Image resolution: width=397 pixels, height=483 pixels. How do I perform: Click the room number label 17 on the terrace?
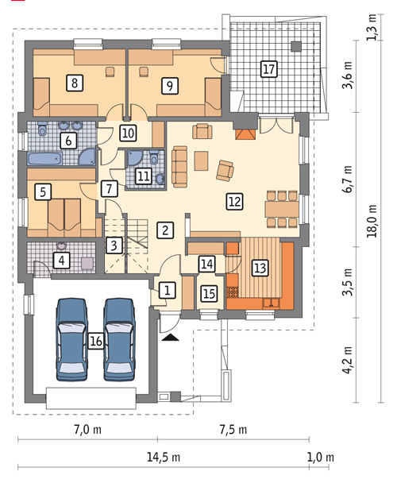[x=268, y=68]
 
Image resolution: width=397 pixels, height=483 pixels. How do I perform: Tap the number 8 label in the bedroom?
[x=75, y=83]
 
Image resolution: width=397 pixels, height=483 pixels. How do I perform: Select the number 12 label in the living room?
[x=235, y=202]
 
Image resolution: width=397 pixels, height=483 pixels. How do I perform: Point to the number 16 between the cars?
[x=96, y=341]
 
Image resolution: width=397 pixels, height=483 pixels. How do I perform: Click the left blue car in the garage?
[x=71, y=339]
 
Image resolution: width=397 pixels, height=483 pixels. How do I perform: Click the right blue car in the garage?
[x=119, y=339]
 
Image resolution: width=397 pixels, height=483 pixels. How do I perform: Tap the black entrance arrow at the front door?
[x=170, y=338]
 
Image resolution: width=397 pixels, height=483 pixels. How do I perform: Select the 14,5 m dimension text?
[x=163, y=458]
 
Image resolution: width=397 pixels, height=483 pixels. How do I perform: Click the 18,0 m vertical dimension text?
[x=372, y=221]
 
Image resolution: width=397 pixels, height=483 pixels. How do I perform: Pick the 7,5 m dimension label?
[x=233, y=429]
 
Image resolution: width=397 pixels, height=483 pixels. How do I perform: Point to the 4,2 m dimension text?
[x=349, y=360]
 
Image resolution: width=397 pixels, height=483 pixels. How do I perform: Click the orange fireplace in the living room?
[x=245, y=134]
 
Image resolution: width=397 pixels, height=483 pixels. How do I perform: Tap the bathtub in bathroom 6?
[x=45, y=159]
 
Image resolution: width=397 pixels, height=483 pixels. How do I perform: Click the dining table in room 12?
[x=282, y=209]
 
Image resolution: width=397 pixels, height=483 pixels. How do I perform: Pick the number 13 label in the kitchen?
[x=260, y=268]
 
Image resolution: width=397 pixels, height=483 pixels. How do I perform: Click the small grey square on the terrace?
[x=296, y=46]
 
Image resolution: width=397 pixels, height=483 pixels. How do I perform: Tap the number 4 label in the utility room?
[x=62, y=261]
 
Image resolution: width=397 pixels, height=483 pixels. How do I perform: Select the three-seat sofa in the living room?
[x=180, y=167]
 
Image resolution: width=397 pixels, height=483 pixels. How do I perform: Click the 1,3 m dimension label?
[x=372, y=27]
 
